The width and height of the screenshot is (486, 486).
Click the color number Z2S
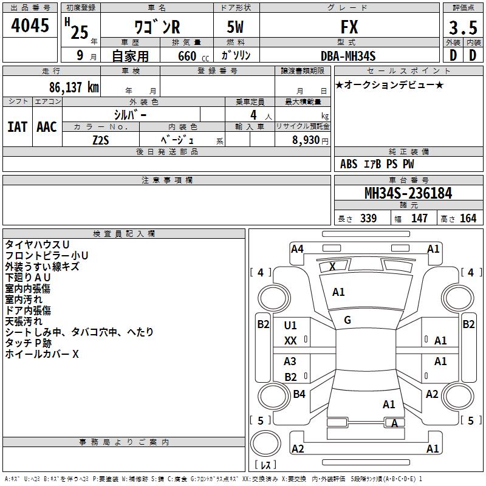click(100, 140)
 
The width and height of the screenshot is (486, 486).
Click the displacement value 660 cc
click(187, 56)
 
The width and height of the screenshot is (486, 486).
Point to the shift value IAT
click(17, 126)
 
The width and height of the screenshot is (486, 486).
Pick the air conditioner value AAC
click(46, 126)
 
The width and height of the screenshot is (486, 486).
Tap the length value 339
click(368, 219)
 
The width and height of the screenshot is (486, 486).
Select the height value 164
click(468, 219)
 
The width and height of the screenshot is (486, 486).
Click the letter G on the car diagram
click(347, 320)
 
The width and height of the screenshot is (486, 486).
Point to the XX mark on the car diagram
click(290, 341)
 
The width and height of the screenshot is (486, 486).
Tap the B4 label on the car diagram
click(299, 394)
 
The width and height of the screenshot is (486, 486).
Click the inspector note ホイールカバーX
click(42, 354)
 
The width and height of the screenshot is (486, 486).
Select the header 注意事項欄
click(167, 180)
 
